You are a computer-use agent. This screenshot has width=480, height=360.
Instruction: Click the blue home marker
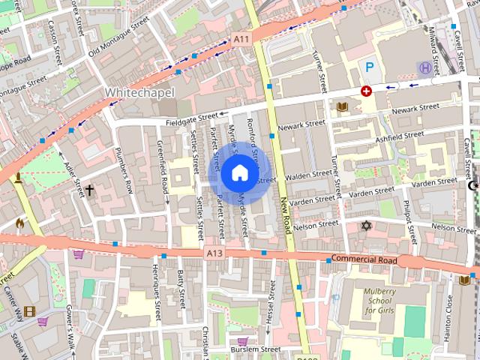(x=239, y=173)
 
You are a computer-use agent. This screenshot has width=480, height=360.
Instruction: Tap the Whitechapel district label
(x=139, y=92)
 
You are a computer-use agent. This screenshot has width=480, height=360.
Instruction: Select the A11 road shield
(x=241, y=39)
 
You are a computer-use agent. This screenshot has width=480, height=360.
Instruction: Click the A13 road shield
(x=214, y=254)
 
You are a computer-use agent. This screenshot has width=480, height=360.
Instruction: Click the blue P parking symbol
(x=369, y=67)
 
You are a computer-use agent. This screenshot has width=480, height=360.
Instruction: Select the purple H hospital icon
(x=425, y=68)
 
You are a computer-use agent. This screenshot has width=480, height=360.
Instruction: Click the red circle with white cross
(x=366, y=91)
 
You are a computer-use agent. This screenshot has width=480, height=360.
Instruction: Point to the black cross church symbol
(x=89, y=190)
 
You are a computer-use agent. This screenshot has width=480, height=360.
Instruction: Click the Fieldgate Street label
(x=191, y=118)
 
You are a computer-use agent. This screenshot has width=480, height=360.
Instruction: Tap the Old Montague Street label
(x=118, y=37)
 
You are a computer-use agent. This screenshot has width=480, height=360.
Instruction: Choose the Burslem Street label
(x=255, y=349)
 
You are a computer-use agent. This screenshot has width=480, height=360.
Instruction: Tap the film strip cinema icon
(x=29, y=311)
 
